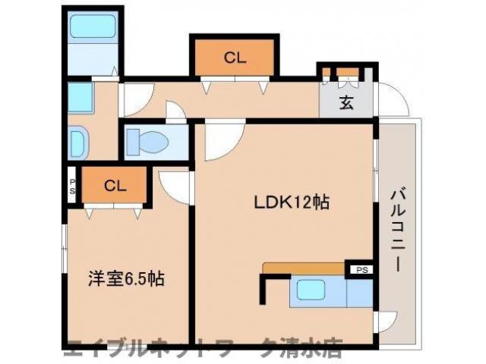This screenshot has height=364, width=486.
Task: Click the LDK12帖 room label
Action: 291,202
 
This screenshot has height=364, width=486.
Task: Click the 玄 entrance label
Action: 346,103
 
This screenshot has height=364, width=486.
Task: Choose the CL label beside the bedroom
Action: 115,185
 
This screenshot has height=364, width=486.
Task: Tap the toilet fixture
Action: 147,142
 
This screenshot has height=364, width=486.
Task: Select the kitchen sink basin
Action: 311,290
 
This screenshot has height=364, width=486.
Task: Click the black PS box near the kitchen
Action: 361,268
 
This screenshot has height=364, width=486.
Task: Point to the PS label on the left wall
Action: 72,186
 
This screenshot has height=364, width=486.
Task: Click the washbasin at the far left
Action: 77,141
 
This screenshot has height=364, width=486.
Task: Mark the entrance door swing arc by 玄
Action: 392,98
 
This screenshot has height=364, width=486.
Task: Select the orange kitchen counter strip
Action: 304,267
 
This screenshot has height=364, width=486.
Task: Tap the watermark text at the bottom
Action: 201,350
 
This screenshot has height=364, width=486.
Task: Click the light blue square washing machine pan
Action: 79,96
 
